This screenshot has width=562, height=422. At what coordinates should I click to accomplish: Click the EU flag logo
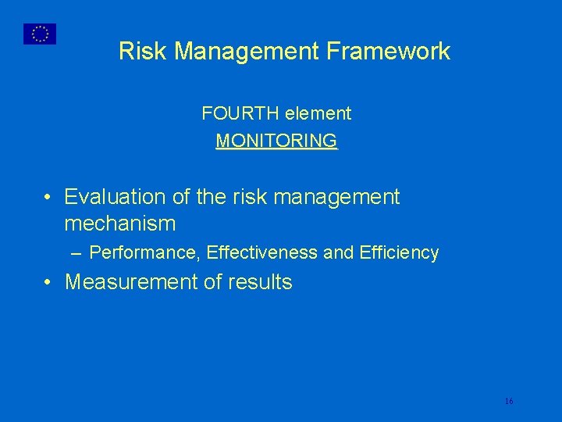pyautogui.click(x=40, y=34)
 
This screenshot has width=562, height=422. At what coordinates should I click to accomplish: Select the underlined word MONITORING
pyautogui.click(x=276, y=141)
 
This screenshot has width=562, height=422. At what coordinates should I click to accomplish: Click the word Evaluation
pyautogui.click(x=115, y=197)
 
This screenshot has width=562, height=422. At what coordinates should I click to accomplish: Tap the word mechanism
pyautogui.click(x=119, y=224)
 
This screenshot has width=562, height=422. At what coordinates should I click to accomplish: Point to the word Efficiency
pyautogui.click(x=399, y=253)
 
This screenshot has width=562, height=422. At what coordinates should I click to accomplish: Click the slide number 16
pyautogui.click(x=509, y=401)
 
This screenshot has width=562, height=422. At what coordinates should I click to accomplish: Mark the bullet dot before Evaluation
pyautogui.click(x=48, y=198)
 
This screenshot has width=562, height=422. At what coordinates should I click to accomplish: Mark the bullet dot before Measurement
pyautogui.click(x=48, y=283)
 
